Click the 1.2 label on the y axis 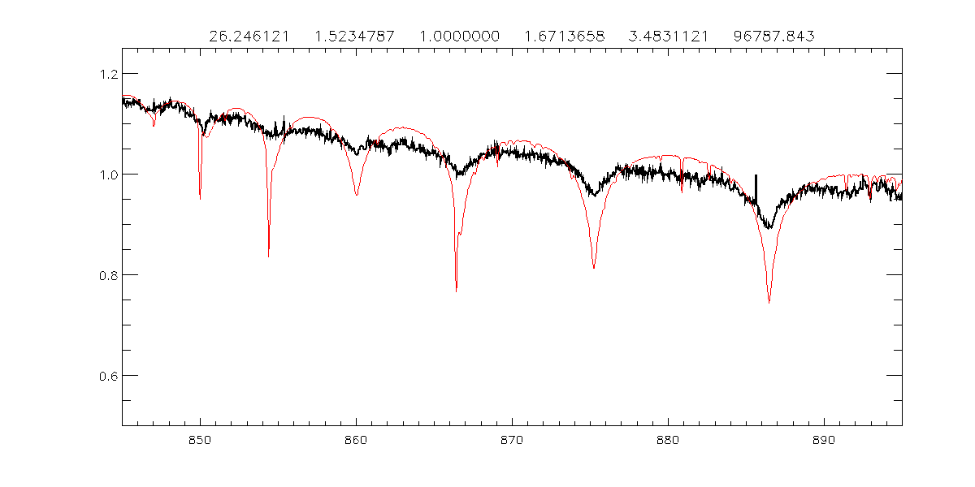(105, 74)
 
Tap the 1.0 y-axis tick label (105, 175)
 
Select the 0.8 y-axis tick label (105, 275)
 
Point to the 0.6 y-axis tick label (105, 376)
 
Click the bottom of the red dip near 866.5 (457, 291)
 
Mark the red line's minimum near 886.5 (769, 303)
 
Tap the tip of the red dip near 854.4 (268, 256)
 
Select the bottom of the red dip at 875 (594, 268)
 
